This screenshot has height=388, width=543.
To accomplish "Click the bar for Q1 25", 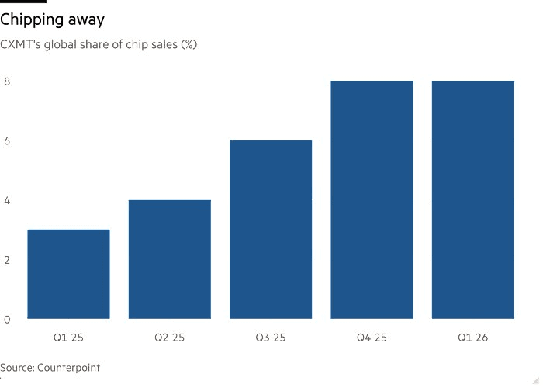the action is coord(68,274).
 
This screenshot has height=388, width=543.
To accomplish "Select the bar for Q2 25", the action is coord(170,259).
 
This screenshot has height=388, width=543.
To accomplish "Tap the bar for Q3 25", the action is coord(271,230).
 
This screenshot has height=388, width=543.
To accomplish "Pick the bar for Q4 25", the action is coord(372,199).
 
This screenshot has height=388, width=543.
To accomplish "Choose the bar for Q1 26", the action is coord(473,199).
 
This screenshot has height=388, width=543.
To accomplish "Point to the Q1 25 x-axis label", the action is coord(68,338).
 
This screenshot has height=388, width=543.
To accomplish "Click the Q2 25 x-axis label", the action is coord(170,338).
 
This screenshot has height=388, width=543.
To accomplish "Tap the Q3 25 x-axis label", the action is coord(271,338).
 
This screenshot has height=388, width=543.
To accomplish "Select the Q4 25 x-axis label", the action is coord(372,338).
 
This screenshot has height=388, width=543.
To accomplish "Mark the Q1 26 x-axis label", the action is coord(473,338).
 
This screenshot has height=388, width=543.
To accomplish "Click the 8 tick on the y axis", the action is coord(7,81).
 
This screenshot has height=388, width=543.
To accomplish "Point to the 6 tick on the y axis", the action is coord(7,141).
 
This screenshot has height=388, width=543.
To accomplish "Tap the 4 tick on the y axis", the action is coord(7,200).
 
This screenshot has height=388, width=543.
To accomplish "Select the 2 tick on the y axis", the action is coord(7,260).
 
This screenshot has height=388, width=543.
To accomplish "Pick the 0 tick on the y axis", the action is coord(7,320).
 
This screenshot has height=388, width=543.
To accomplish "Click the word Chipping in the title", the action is coord(32,19).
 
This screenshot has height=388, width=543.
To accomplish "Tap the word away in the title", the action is coord(86,21).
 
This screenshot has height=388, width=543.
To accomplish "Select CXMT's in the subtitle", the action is coord(20,44).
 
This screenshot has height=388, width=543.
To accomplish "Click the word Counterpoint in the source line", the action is coord(68,367).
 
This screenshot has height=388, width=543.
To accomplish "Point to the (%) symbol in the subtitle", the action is coord(189,44).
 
